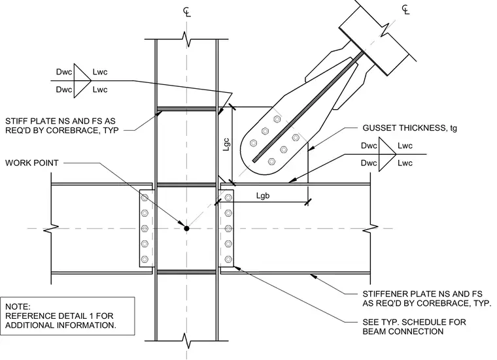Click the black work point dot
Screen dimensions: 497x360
186,228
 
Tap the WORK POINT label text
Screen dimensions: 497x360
32,163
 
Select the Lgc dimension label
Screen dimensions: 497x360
226,144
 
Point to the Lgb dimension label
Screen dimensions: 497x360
263,195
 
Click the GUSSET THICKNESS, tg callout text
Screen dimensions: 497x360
410,128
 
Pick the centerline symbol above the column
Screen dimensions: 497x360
187,12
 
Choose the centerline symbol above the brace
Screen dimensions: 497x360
405,10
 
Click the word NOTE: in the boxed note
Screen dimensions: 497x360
18,306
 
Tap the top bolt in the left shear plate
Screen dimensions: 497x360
145,197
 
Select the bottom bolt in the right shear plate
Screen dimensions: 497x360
228,259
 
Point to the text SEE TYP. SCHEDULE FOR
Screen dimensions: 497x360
414,322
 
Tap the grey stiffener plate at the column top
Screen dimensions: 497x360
186,109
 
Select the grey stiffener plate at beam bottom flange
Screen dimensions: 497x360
186,272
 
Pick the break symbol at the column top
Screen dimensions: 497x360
187,39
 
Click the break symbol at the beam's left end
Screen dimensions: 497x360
51,228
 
